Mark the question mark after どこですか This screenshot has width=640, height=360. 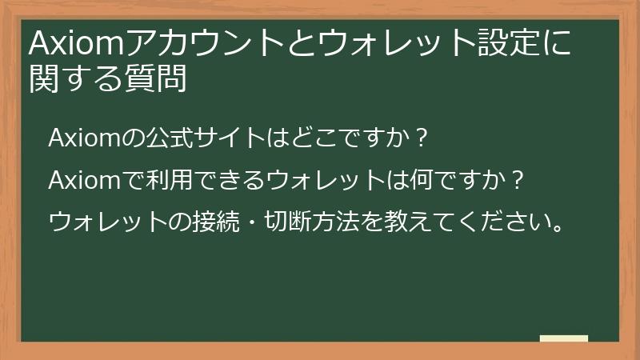pos(423,138)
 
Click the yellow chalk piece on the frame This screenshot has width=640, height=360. pos(564,338)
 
